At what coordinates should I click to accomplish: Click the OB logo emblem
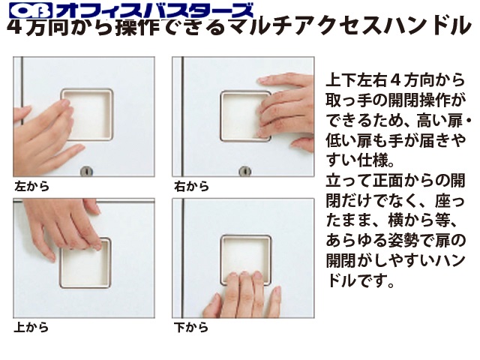30,10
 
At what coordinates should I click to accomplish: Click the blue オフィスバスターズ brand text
154,10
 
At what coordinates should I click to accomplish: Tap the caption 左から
31,186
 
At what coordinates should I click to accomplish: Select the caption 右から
192,186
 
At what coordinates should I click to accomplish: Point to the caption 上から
31,327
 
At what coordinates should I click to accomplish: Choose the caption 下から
191,327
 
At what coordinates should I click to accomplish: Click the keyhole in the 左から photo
86,172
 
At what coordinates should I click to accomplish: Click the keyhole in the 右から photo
245,172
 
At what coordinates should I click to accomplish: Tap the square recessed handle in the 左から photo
88,115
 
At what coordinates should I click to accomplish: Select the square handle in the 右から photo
245,116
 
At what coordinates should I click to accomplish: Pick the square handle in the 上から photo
85,262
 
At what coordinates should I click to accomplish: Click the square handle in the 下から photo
246,260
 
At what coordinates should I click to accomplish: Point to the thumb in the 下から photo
211,305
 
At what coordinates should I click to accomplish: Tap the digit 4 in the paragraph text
396,80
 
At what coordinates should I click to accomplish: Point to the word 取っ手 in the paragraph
349,100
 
